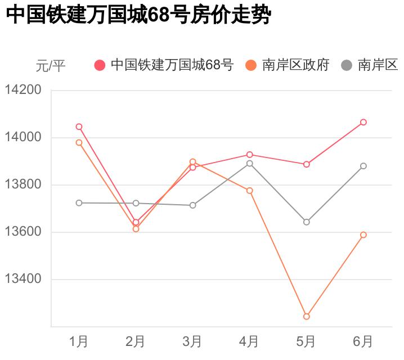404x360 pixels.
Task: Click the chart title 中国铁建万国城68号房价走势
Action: coord(138,15)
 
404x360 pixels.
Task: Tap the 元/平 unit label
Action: coord(51,66)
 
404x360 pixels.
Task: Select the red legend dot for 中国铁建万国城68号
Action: coord(100,65)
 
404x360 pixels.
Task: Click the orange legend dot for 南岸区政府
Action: coord(251,65)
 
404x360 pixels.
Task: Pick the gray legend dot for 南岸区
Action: coord(347,65)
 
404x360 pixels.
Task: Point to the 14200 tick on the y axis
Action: coord(23,90)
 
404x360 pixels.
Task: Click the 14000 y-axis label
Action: coord(23,137)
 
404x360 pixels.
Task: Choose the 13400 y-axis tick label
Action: coord(23,280)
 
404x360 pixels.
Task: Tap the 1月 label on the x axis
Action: coord(79,341)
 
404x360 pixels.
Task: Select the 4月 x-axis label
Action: coord(249,341)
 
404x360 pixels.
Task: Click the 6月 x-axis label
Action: coord(363,341)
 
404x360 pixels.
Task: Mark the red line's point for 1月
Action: coord(79,127)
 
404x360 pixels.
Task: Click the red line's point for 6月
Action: coord(363,122)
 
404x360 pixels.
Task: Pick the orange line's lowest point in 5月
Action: coord(307,317)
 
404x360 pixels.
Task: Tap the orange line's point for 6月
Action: coord(363,235)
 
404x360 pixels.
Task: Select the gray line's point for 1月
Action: coord(79,202)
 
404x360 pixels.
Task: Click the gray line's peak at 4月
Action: coord(250,163)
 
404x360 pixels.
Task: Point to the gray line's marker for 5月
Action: coord(307,222)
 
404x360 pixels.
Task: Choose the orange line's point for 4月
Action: coord(250,191)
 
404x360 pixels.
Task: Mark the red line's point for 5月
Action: coord(307,164)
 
